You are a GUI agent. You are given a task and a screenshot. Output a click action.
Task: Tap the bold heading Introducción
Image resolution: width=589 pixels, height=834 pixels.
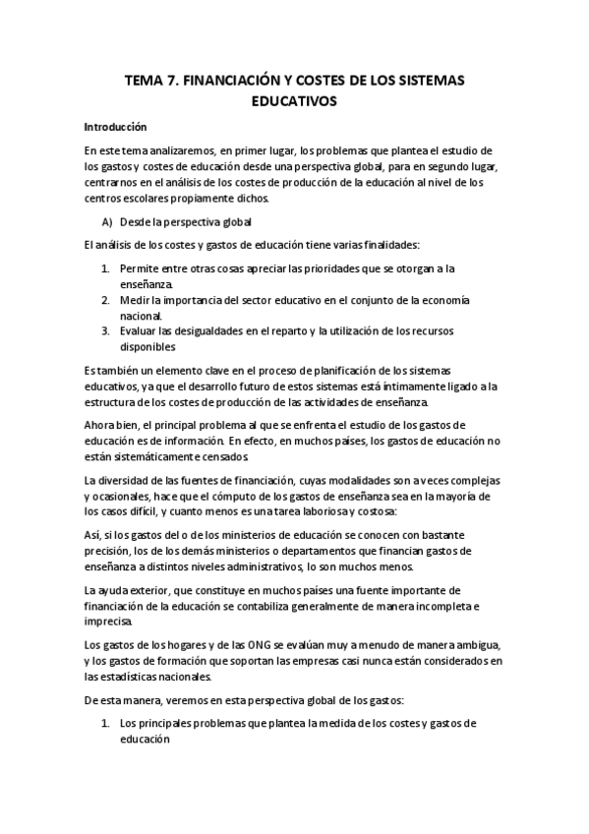115,127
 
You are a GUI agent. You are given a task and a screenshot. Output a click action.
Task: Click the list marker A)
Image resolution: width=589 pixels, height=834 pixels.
107,222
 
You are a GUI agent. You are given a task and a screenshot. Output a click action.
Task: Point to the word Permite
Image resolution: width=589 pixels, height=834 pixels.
139,268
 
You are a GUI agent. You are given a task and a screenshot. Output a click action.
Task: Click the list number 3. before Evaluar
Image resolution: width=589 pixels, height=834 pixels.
106,330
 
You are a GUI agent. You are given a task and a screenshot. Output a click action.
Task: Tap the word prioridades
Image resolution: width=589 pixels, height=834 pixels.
321,268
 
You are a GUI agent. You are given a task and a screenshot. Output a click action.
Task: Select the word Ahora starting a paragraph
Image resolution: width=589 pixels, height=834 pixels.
102,424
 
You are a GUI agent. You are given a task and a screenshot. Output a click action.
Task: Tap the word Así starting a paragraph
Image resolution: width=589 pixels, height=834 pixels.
92,535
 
